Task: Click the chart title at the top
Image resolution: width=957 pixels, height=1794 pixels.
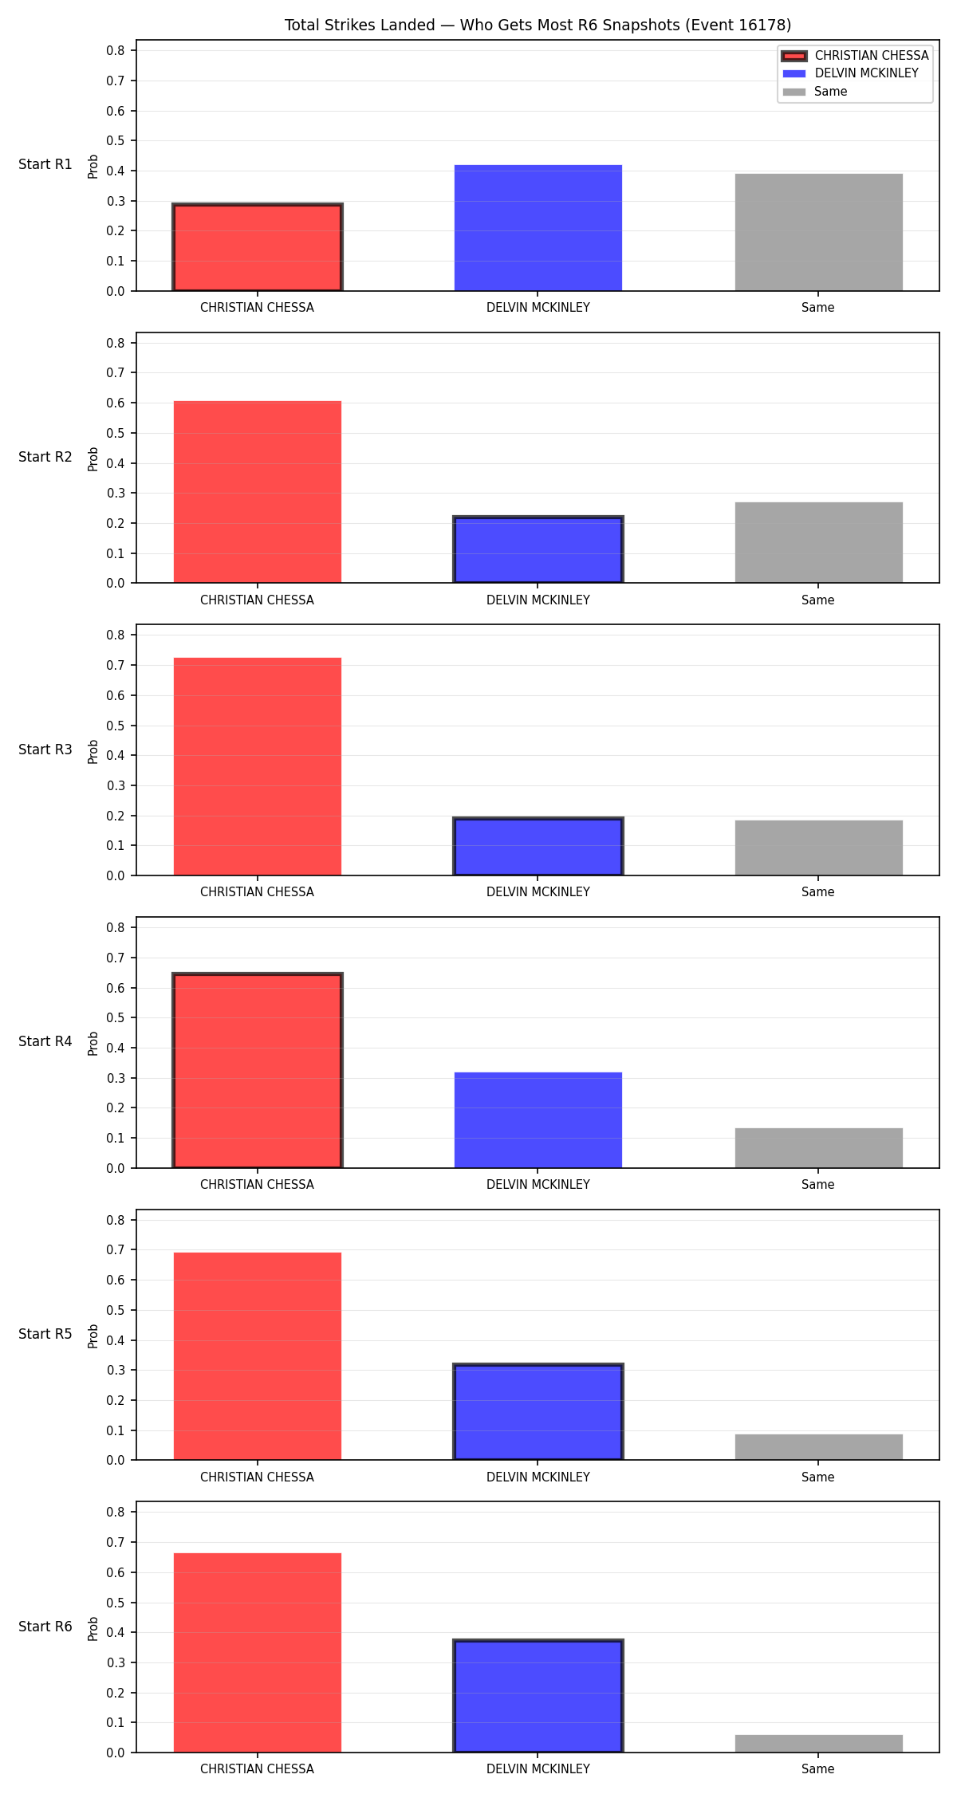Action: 538,26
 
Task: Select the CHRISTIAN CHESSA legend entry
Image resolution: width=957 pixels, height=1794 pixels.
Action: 855,56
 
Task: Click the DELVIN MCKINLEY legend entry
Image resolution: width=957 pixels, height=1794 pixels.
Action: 850,73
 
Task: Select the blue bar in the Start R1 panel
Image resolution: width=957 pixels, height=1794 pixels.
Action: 538,228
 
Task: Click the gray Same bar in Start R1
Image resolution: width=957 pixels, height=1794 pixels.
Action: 819,232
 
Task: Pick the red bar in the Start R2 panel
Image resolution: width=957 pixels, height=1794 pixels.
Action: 258,492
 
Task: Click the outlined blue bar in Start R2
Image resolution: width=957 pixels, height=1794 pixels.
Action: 538,550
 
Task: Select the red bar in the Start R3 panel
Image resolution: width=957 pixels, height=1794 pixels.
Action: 258,766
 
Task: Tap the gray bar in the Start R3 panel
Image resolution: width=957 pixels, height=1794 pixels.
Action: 819,848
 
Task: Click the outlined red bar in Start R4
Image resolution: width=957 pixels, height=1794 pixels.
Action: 258,1070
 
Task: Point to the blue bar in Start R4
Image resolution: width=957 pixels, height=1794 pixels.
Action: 538,1120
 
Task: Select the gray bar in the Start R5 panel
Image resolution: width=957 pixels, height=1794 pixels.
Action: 819,1447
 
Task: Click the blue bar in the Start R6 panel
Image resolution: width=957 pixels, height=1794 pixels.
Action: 538,1696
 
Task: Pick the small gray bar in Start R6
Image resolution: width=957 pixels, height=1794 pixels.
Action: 819,1744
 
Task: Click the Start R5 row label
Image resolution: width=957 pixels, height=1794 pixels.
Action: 45,1334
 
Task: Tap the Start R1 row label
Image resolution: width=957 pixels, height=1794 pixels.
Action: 45,164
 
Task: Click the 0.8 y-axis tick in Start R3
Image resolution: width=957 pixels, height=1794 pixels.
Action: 116,635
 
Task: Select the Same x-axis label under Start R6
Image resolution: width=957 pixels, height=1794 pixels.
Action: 818,1768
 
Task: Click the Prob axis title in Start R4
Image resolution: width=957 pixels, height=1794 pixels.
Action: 93,1043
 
